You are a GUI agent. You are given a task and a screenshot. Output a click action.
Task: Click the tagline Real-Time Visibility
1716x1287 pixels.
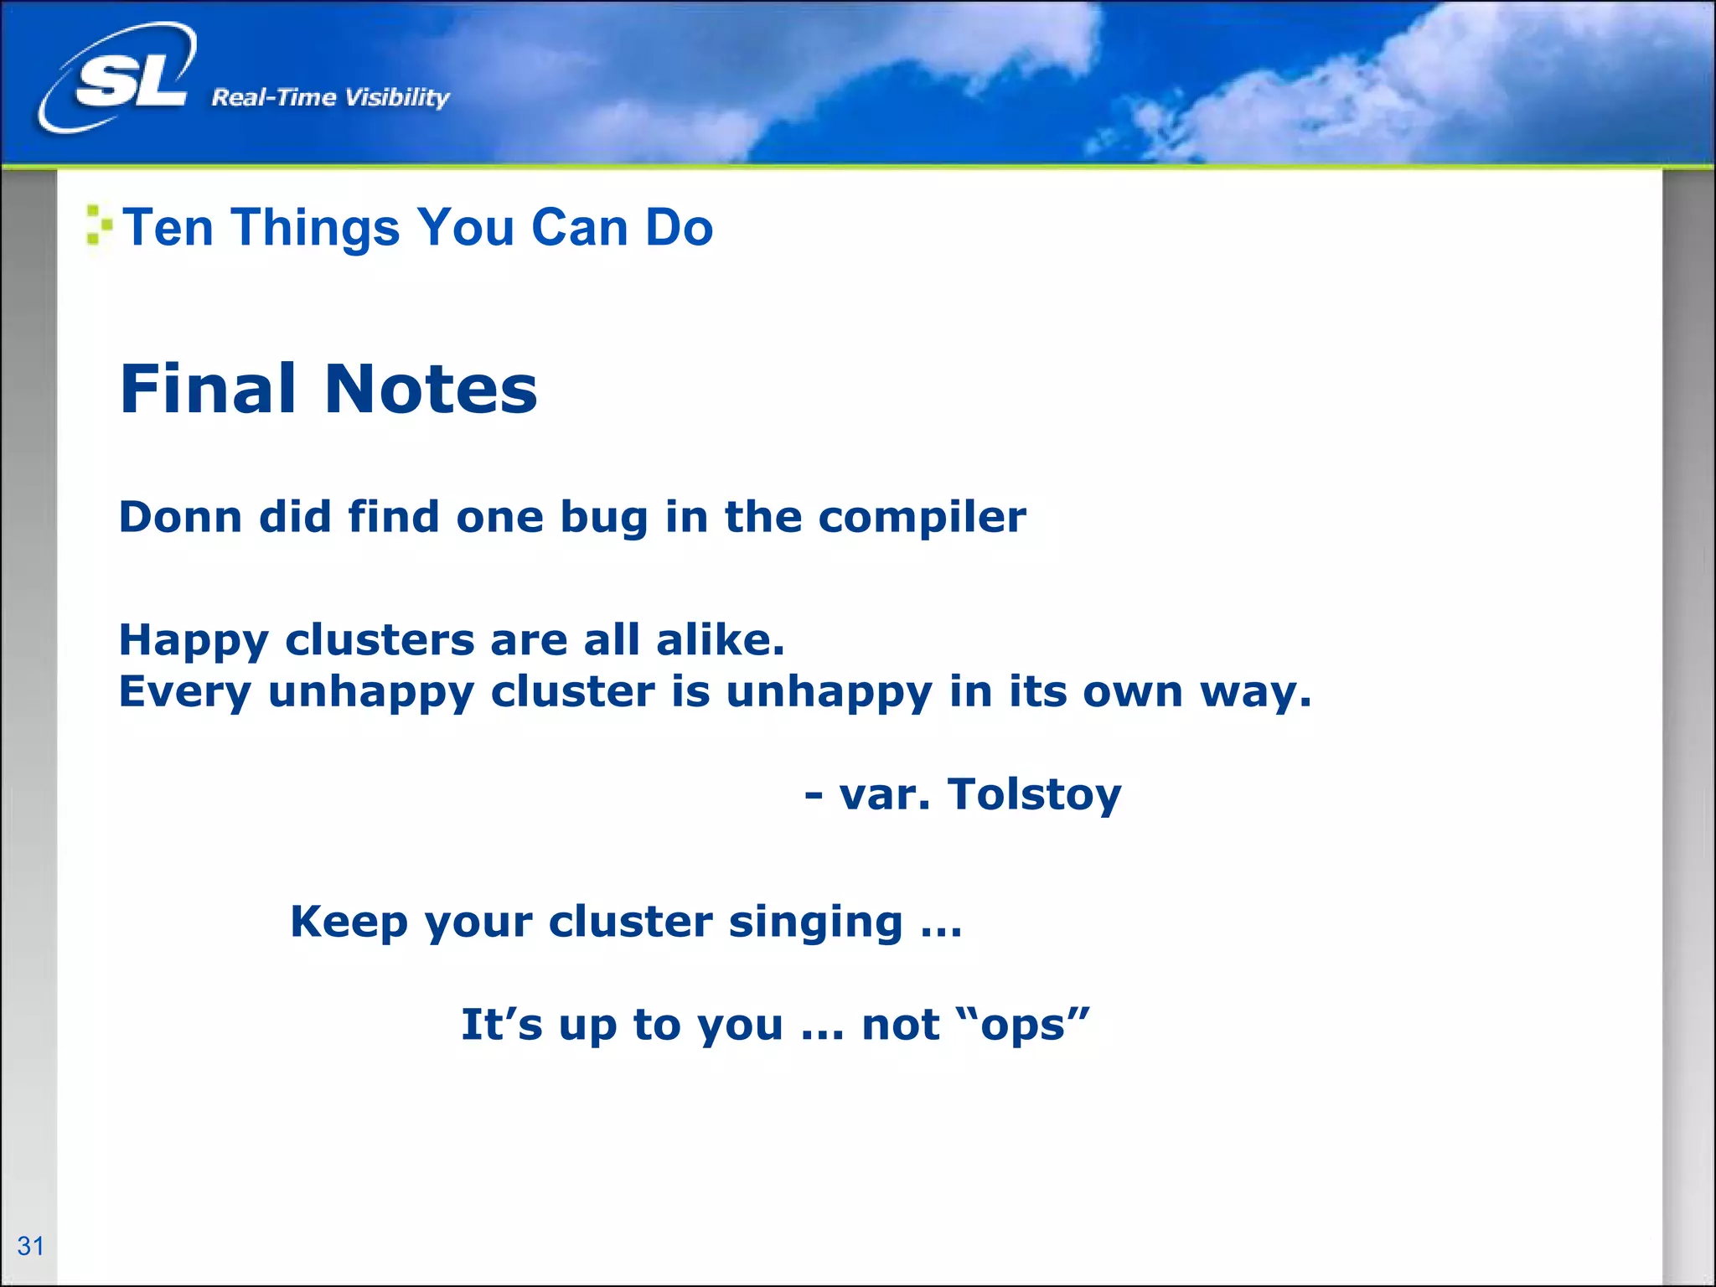pyautogui.click(x=330, y=97)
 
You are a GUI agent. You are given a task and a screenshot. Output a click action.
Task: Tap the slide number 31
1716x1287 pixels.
pyautogui.click(x=30, y=1246)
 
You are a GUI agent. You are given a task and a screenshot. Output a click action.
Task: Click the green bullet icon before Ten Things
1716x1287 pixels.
pyautogui.click(x=99, y=225)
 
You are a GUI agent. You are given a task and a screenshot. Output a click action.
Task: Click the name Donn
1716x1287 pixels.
pyautogui.click(x=180, y=516)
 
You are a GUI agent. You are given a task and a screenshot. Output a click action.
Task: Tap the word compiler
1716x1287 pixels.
pyautogui.click(x=922, y=518)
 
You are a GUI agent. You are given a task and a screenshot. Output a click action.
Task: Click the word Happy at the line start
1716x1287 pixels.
pyautogui.click(x=193, y=641)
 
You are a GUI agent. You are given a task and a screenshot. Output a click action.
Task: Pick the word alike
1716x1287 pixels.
pyautogui.click(x=719, y=639)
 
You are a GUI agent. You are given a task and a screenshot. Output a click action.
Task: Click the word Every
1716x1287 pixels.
pyautogui.click(x=184, y=692)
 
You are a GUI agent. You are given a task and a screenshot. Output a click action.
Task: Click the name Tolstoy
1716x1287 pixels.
pyautogui.click(x=1034, y=794)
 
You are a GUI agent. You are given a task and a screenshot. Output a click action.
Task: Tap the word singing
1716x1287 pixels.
pyautogui.click(x=815, y=923)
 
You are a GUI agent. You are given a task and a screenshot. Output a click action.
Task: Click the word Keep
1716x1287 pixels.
pyautogui.click(x=349, y=923)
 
